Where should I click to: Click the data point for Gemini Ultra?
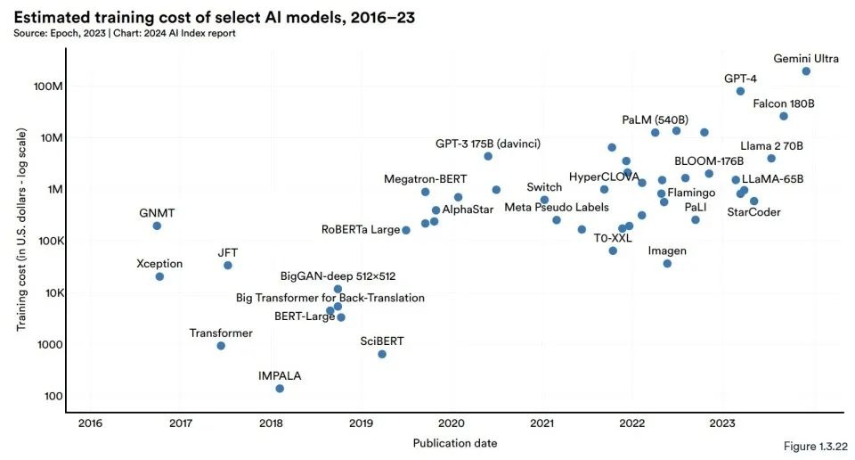coord(806,71)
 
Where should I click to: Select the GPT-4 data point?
coord(740,91)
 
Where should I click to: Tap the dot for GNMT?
coord(157,226)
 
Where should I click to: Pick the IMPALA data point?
coord(280,389)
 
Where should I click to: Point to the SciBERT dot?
coord(382,354)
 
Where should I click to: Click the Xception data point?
coord(159,276)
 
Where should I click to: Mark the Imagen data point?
coord(667,264)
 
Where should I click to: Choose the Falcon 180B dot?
coord(784,116)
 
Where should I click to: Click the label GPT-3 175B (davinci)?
coord(487,143)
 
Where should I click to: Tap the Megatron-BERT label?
coord(426,178)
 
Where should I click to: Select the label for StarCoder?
coord(753,213)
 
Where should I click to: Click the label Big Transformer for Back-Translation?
coord(330,297)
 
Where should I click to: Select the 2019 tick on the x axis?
coord(361,423)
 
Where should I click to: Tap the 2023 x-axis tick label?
coord(723,423)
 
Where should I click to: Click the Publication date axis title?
coord(455,442)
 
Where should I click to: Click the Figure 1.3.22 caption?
coord(813,445)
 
